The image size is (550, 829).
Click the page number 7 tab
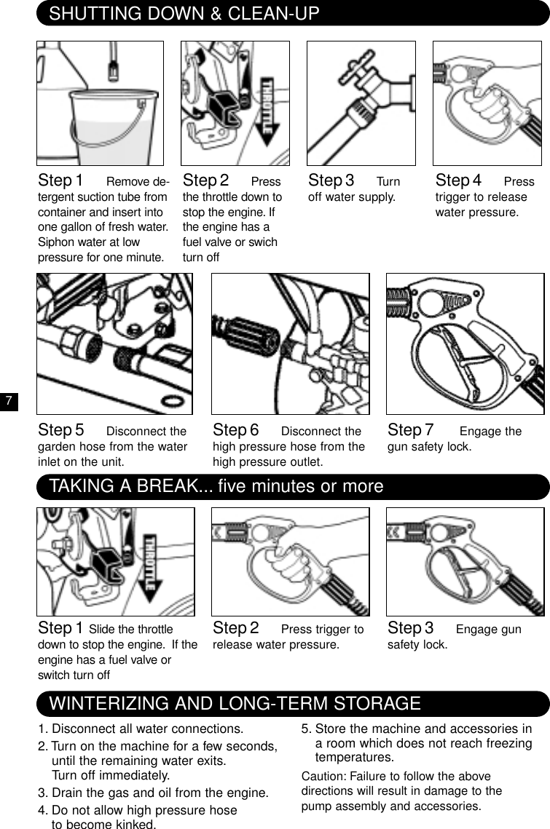7,402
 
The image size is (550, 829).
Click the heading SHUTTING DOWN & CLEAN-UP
184,13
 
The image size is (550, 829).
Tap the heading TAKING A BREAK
216,486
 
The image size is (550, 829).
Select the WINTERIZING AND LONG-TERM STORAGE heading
235,704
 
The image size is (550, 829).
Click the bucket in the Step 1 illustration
117,127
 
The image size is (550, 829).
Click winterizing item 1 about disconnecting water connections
141,729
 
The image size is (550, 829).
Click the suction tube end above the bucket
113,71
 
